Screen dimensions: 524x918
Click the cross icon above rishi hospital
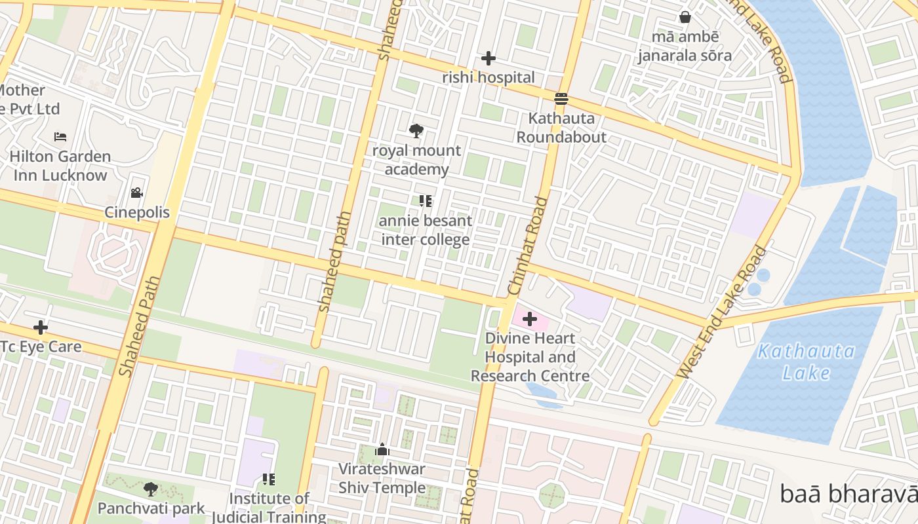(x=488, y=58)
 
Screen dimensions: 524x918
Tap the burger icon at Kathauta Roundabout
(x=561, y=99)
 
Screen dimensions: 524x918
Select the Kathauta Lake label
(x=806, y=362)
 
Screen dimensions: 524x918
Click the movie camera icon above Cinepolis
(x=136, y=193)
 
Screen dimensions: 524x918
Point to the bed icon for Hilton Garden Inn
(x=60, y=137)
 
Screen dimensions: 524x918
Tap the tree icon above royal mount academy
(x=416, y=131)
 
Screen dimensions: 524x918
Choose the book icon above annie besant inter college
(x=426, y=201)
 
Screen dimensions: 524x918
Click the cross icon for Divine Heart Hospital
(x=529, y=320)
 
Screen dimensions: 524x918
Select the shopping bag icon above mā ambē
(x=685, y=17)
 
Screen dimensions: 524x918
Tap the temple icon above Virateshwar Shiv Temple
(x=382, y=450)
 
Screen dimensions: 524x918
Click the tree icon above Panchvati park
(x=151, y=489)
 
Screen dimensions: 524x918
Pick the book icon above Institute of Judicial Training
(x=268, y=479)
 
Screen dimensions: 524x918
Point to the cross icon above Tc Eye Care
(x=41, y=327)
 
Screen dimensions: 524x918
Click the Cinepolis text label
(x=137, y=212)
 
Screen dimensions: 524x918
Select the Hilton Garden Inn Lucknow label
(x=60, y=166)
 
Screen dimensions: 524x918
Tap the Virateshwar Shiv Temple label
(x=382, y=478)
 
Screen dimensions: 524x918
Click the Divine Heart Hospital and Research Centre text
(x=530, y=357)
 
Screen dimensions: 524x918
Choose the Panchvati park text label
(x=151, y=508)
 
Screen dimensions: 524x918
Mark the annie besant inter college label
(x=426, y=230)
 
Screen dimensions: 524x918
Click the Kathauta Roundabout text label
(x=561, y=128)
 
